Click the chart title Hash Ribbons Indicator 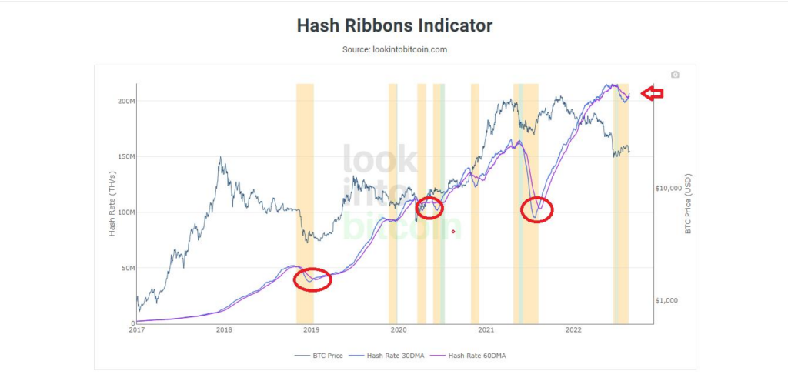(x=394, y=25)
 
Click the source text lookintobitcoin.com (x=394, y=49)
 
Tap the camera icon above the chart (x=675, y=75)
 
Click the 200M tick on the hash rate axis (x=125, y=102)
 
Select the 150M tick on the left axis (x=125, y=157)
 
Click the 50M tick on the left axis (x=125, y=268)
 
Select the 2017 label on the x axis (x=136, y=330)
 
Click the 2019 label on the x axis (x=311, y=330)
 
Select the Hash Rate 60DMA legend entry (x=476, y=356)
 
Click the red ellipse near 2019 (x=312, y=279)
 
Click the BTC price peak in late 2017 (x=221, y=158)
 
